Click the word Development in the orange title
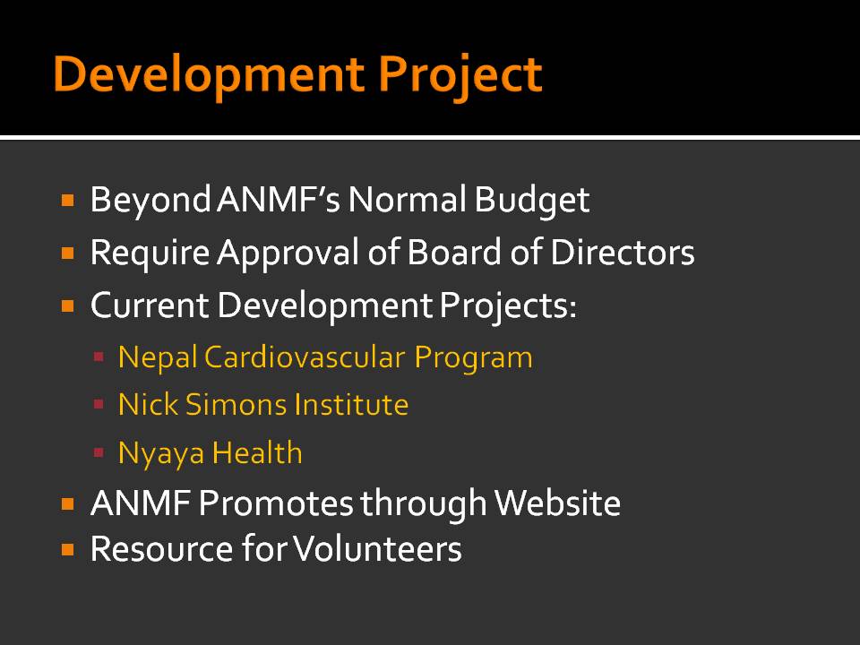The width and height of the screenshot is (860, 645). pos(209,75)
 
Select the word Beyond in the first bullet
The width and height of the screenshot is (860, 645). pos(150,201)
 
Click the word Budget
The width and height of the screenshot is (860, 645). pos(531,201)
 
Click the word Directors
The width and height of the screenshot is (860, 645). pos(623,253)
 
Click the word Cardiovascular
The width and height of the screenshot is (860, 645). pos(305,357)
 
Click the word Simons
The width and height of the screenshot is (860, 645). pos(236,405)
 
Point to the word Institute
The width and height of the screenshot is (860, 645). pos(351,405)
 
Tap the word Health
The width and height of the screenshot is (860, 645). pos(257,453)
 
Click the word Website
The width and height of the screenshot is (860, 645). pos(557,503)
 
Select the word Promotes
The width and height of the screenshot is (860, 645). pos(276,503)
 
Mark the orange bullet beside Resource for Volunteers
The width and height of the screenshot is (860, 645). pos(68,549)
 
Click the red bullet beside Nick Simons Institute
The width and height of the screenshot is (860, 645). pos(99,405)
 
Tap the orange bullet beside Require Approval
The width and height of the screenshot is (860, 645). pos(68,254)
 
